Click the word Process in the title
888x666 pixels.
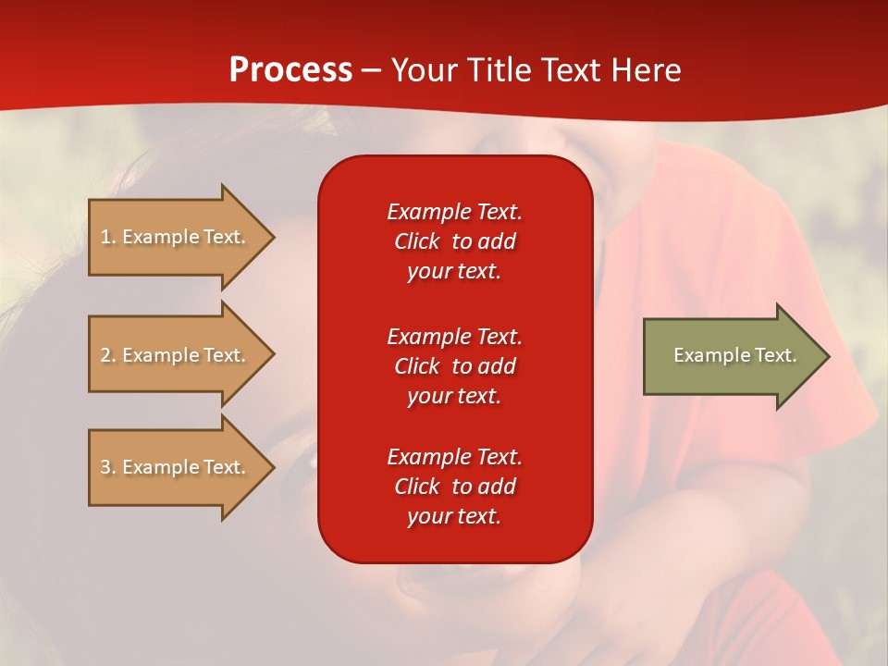pyautogui.click(x=290, y=70)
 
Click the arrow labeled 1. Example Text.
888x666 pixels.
pyautogui.click(x=181, y=237)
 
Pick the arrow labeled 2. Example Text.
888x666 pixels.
pyautogui.click(x=181, y=354)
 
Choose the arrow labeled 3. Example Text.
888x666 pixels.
pyautogui.click(x=181, y=467)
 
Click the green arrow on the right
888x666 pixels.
pyautogui.click(x=736, y=356)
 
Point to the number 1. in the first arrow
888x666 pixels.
pyautogui.click(x=107, y=237)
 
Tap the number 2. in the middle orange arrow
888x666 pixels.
pyautogui.click(x=108, y=355)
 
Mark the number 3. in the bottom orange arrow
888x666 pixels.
pyautogui.click(x=108, y=467)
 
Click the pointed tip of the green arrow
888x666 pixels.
pyautogui.click(x=830, y=356)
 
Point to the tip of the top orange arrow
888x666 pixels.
pyautogui.click(x=275, y=238)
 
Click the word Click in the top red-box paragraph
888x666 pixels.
pyautogui.click(x=417, y=241)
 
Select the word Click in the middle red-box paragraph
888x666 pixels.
pyautogui.click(x=417, y=366)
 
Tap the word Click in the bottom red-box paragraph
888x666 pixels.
pyautogui.click(x=417, y=487)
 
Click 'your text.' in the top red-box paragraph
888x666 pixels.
pyautogui.click(x=454, y=272)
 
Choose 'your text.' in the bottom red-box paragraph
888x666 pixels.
pyautogui.click(x=454, y=516)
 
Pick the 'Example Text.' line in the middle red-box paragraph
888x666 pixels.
pyautogui.click(x=455, y=337)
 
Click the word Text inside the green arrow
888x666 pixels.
pyautogui.click(x=776, y=355)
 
